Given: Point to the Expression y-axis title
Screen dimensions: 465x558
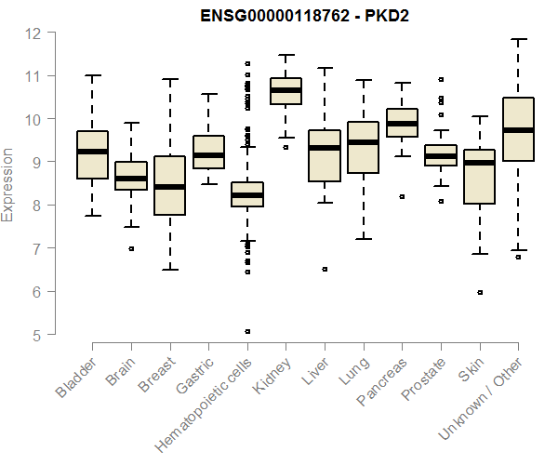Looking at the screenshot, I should (x=8, y=184).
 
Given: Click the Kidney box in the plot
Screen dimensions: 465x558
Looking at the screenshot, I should (x=286, y=91).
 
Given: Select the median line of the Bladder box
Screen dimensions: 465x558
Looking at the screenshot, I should (x=92, y=151).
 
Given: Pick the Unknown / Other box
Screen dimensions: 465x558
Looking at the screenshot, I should (x=518, y=129).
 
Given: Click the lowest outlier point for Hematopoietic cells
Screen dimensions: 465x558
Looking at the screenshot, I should (x=246, y=331).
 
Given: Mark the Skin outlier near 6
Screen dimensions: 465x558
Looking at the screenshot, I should (x=480, y=292).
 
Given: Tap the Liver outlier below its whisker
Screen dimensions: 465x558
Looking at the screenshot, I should (x=325, y=269).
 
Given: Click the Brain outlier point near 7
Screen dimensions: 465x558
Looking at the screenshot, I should (x=131, y=248).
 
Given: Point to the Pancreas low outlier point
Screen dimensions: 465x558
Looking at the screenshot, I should (x=402, y=196).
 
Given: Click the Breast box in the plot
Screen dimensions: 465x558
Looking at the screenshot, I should (x=169, y=185).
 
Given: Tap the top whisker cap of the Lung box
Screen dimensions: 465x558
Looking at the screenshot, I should (x=363, y=80).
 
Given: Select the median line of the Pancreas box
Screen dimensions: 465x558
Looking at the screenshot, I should (x=402, y=123).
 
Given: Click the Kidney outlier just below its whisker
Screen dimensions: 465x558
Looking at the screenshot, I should (x=286, y=147).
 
